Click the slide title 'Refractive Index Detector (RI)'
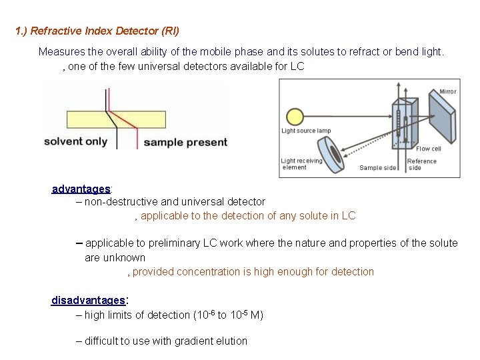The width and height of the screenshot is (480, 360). coord(97,31)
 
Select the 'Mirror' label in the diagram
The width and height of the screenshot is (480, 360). coord(447,91)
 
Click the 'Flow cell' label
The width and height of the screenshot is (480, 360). coord(428,149)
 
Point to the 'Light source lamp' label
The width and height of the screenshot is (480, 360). coord(306,131)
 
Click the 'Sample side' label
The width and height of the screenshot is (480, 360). coord(377,168)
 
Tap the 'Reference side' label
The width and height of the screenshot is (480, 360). coord(422,165)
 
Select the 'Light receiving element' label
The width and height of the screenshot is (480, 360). coord(301,164)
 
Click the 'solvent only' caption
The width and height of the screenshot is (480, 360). coord(75,141)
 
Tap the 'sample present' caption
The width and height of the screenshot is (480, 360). coord(185,142)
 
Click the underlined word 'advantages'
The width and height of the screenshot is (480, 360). coord(81,189)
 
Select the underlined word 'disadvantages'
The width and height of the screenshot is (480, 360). coord(88,301)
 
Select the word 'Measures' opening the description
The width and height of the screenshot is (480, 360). coord(59,51)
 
